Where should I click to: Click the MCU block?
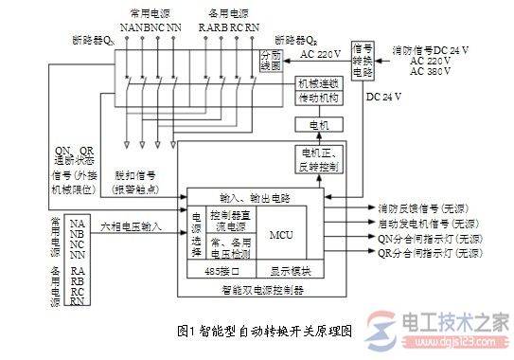pyautogui.click(x=280, y=234)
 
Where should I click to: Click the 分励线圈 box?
pyautogui.click(x=271, y=62)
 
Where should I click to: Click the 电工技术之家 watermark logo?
pyautogui.click(x=445, y=329)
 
